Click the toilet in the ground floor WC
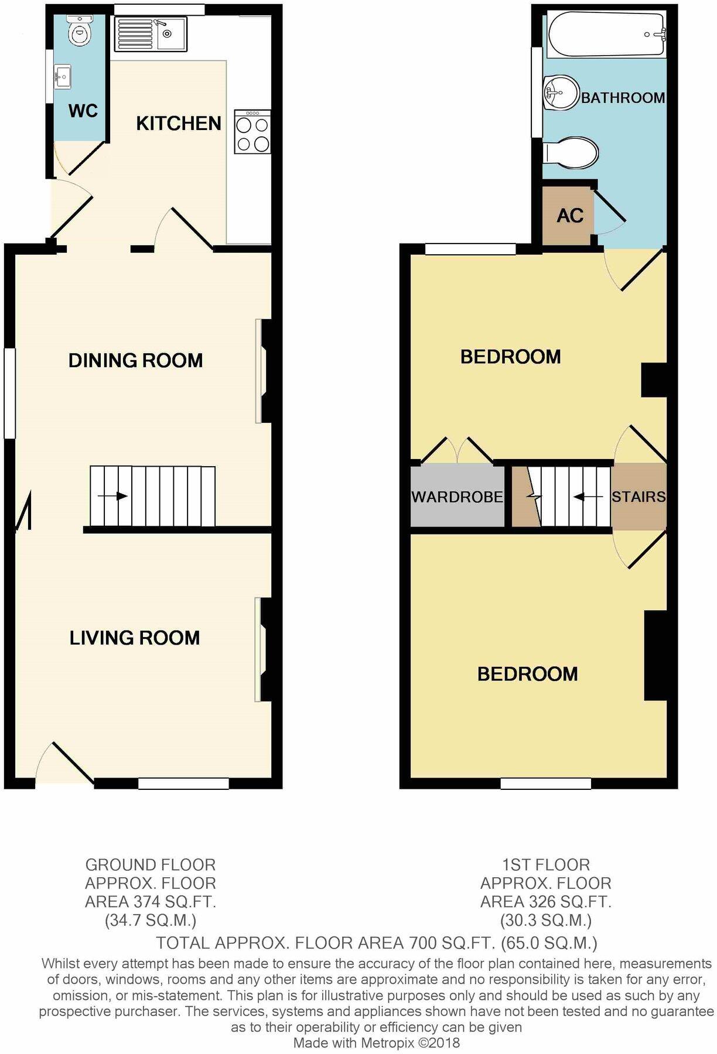pyautogui.click(x=79, y=31)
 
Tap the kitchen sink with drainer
pyautogui.click(x=151, y=33)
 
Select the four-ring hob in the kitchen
pyautogui.click(x=252, y=132)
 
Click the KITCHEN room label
pyautogui.click(x=179, y=123)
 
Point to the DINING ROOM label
pyautogui.click(x=135, y=360)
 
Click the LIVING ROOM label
pyautogui.click(x=135, y=638)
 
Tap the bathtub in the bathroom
pyautogui.click(x=607, y=35)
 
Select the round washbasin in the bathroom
pyautogui.click(x=561, y=93)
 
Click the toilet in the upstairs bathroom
pyautogui.click(x=571, y=153)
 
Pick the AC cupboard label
pyautogui.click(x=570, y=215)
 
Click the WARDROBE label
pyautogui.click(x=457, y=497)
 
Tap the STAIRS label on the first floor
pyautogui.click(x=639, y=497)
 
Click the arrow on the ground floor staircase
pyautogui.click(x=112, y=497)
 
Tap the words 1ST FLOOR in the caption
pyautogui.click(x=545, y=864)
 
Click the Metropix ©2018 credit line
pyautogui.click(x=376, y=1043)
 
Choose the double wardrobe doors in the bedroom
pyautogui.click(x=457, y=450)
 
